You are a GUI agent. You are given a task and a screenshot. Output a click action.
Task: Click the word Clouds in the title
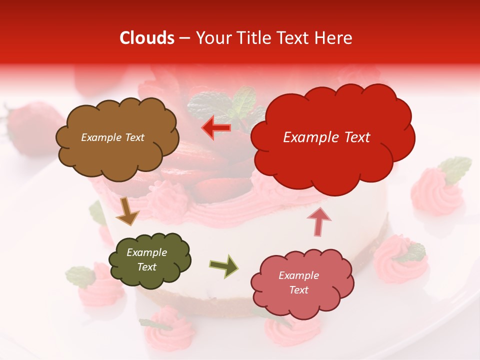click(147, 38)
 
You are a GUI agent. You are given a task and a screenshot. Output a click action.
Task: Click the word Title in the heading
click(251, 38)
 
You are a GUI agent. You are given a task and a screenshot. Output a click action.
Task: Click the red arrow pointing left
click(217, 128)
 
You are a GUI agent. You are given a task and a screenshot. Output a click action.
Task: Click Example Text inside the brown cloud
click(112, 137)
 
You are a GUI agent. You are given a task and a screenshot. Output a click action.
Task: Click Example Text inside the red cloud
click(326, 137)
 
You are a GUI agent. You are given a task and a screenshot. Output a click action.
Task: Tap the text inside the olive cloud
click(146, 260)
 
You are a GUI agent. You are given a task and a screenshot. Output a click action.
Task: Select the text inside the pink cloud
click(298, 282)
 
